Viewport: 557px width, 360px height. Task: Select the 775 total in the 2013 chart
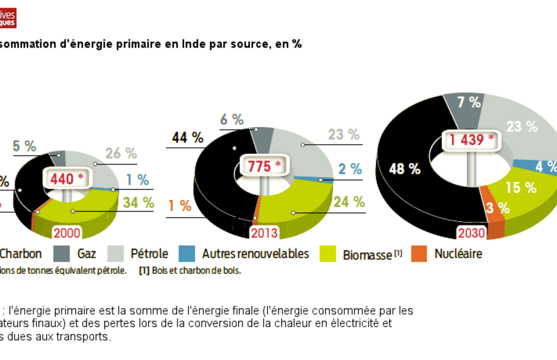point(263,166)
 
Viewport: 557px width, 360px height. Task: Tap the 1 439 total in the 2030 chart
point(472,140)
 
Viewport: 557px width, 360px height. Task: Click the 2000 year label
point(67,233)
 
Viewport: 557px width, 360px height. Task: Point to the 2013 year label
point(264,233)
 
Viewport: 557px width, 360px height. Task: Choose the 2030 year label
point(471,233)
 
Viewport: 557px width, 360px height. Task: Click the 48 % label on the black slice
point(405,169)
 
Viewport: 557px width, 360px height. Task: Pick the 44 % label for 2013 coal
point(187,138)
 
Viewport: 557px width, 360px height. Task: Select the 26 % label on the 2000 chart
point(121,153)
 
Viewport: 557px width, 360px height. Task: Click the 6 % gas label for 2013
point(232,119)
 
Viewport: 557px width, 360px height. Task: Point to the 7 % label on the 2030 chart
point(469,102)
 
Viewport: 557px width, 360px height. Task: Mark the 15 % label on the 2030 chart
point(521,188)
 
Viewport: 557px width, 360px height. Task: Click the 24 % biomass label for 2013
point(349,202)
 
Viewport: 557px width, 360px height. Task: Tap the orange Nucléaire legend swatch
point(419,254)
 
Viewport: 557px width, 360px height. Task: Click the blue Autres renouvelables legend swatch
point(187,254)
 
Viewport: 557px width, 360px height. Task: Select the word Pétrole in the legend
point(149,254)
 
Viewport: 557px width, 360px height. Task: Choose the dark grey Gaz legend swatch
point(61,254)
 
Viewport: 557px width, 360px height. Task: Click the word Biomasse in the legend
point(367,255)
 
